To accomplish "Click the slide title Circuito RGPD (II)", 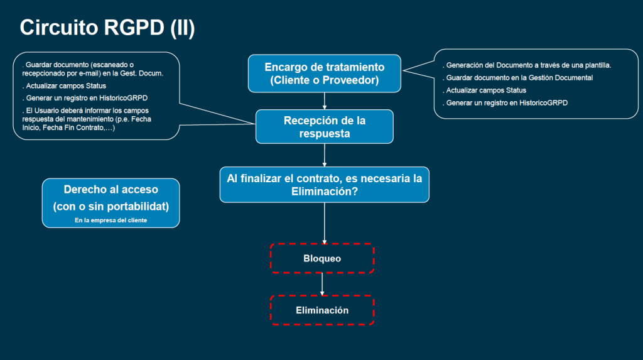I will tap(107, 27).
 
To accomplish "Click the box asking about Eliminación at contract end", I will tap(324, 185).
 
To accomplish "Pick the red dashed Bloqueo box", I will tap(322, 258).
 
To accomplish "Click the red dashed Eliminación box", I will tap(322, 310).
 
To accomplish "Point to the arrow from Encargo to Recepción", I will tap(324, 101).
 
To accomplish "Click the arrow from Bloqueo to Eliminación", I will tap(322, 284).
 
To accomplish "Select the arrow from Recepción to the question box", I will tap(324, 155).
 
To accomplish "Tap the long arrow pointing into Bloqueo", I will tap(324, 223).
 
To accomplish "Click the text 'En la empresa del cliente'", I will tap(111, 220).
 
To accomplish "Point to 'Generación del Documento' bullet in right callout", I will tap(527, 65).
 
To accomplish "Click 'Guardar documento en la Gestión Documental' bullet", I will tap(519, 78).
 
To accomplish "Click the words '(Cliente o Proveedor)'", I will tap(324, 80).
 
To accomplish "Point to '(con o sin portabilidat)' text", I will tap(111, 206).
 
